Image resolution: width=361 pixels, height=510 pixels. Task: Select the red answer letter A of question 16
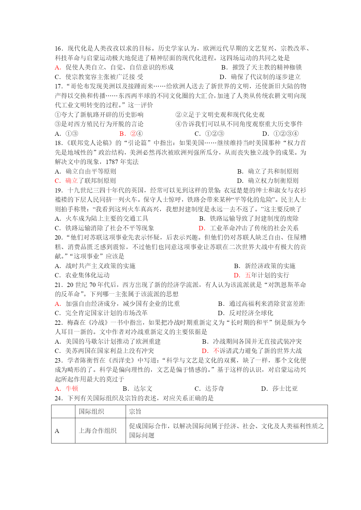click(58, 67)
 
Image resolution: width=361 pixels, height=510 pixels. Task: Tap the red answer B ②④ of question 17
click(131, 134)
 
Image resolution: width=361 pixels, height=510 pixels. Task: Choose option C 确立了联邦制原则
click(85, 181)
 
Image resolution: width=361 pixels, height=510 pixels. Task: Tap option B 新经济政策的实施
click(264, 266)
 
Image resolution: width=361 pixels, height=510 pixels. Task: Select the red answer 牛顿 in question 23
click(72, 389)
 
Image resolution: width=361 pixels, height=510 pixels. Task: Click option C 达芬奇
click(209, 389)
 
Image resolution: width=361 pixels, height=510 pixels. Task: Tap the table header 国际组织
click(91, 411)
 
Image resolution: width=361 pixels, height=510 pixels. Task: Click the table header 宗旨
click(135, 411)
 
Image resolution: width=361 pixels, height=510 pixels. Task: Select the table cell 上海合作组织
click(98, 431)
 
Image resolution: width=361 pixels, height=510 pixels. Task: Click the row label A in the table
click(57, 431)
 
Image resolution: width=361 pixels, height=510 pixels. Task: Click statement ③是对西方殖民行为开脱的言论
click(99, 124)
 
